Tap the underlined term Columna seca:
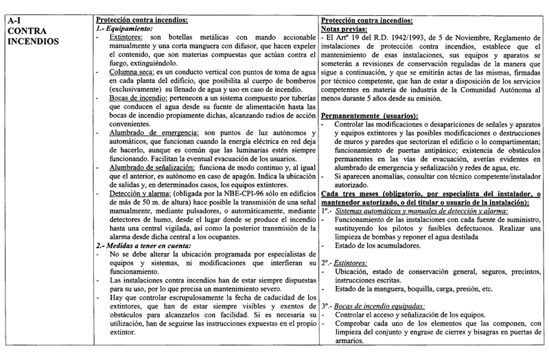pos(127,81)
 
